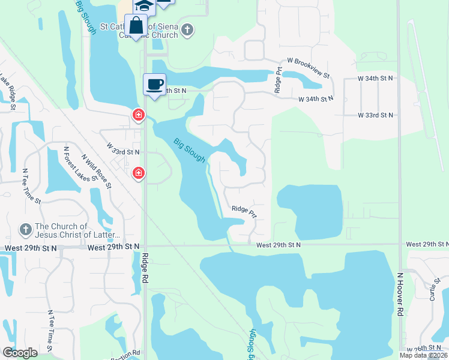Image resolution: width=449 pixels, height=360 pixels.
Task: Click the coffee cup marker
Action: [154, 84]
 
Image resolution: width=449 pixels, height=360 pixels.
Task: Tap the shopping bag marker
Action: [136, 26]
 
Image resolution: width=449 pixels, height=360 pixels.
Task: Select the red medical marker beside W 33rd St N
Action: [138, 173]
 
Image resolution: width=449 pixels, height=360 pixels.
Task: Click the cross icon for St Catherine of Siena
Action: [188, 30]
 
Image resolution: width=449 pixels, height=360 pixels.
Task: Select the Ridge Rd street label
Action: [144, 268]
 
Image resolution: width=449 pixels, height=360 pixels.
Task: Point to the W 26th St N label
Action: [427, 349]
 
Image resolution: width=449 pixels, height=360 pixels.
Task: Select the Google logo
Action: [20, 352]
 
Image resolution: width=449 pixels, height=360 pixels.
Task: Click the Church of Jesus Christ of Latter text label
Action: [78, 230]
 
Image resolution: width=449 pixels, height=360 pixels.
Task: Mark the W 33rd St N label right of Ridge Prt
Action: [375, 115]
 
